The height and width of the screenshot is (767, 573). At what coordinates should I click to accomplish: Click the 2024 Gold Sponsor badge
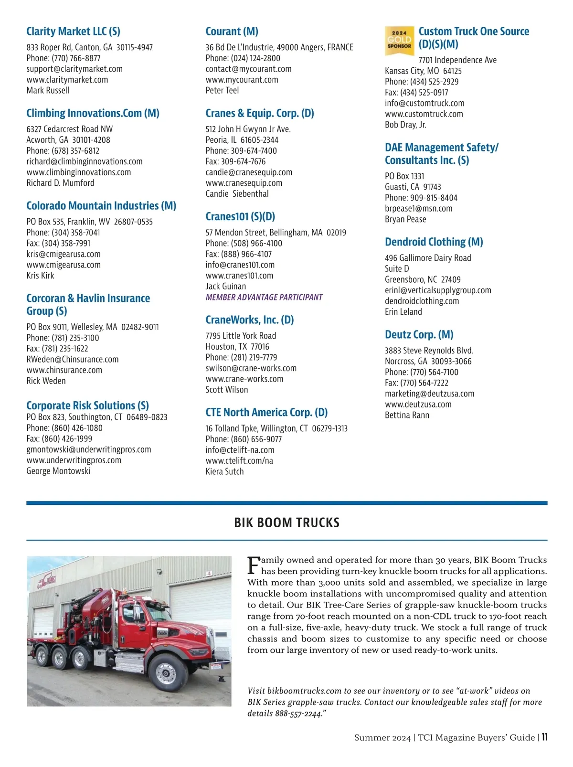[x=399, y=41]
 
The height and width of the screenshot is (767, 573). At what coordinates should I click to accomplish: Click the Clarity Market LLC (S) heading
[x=73, y=32]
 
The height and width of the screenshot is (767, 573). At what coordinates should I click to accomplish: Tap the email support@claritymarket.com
[x=74, y=69]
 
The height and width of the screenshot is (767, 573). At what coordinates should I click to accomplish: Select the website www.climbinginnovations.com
[x=78, y=172]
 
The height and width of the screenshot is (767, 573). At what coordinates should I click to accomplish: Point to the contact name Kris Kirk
[x=40, y=276]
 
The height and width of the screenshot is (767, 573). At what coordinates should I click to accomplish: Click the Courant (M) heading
[x=232, y=32]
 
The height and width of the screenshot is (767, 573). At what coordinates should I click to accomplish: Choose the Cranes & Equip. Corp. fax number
[x=235, y=161]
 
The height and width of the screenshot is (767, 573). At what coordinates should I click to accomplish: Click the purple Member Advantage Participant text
[x=264, y=298]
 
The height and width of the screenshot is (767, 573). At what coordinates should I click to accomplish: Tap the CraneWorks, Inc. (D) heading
[x=249, y=320]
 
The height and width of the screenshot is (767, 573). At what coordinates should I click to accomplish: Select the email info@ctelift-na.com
[x=240, y=450]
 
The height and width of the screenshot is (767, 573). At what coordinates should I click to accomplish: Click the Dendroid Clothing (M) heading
[x=434, y=242]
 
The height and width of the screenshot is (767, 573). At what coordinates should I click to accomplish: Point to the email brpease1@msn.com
[x=418, y=209]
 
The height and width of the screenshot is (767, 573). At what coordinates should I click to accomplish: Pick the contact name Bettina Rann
[x=407, y=415]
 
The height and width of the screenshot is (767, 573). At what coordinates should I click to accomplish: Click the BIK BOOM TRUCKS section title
[x=286, y=522]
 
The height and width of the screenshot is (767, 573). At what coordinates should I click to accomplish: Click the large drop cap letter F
[x=254, y=565]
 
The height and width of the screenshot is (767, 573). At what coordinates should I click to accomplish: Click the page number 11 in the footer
[x=544, y=737]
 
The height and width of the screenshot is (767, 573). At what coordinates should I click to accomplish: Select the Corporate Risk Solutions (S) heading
[x=87, y=405]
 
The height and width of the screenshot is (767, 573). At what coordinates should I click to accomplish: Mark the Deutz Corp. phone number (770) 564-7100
[x=422, y=373]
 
